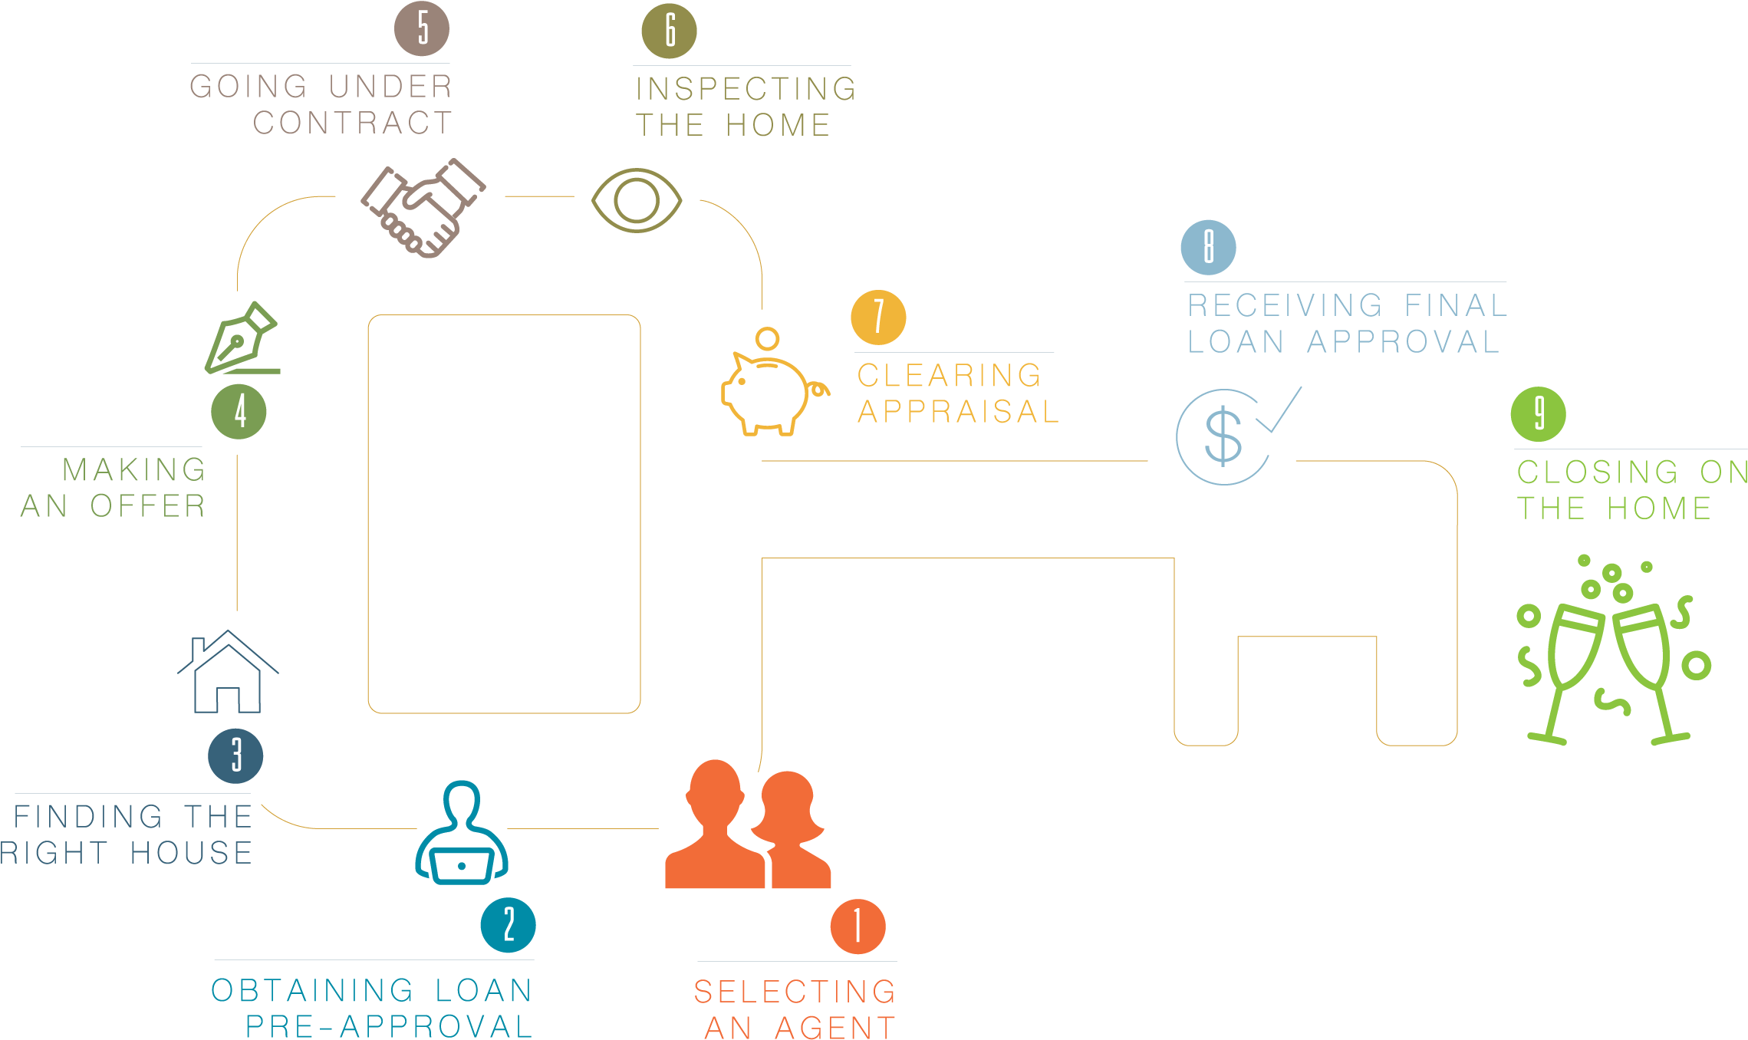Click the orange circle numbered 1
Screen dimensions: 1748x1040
coord(858,926)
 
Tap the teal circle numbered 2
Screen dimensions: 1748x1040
coord(508,925)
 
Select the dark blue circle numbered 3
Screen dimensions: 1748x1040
coord(235,755)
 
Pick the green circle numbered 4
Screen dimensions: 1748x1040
coord(239,411)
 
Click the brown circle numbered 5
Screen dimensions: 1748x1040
coord(422,28)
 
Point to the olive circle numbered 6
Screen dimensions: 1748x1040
coord(669,31)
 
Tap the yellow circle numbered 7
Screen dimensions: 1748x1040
coord(878,318)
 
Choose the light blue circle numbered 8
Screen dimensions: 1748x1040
coord(1208,247)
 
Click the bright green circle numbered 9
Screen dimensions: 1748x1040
coord(1538,414)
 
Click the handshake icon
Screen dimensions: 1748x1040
coord(423,208)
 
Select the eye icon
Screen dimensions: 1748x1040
coord(637,200)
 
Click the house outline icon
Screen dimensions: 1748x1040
coord(228,672)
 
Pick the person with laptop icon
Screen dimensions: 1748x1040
coord(462,833)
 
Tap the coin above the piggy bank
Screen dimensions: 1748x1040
coord(767,338)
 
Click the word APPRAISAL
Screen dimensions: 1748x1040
coord(959,412)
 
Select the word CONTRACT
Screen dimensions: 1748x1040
coord(353,123)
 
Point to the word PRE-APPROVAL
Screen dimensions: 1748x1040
coord(390,1026)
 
